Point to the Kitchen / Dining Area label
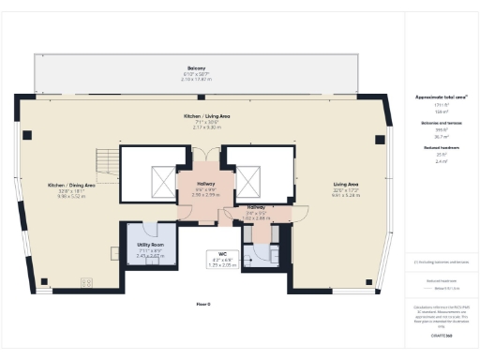(72, 186)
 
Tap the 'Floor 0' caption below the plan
(202, 305)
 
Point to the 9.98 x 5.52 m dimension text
(72, 197)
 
